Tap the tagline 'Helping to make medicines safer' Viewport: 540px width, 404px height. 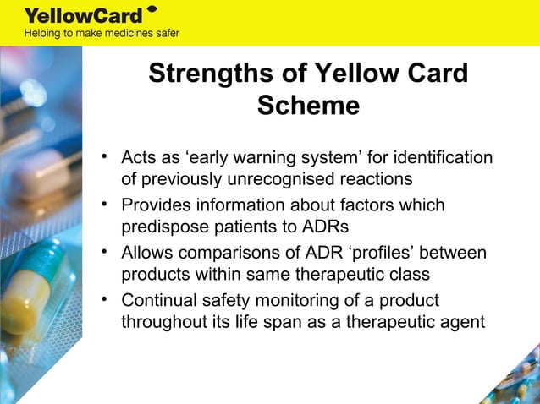point(101,34)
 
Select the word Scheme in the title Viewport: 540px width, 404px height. point(308,106)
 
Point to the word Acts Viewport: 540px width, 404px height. point(139,158)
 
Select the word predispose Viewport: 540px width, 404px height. point(163,227)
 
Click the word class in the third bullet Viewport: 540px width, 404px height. point(410,275)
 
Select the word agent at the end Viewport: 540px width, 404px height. point(462,322)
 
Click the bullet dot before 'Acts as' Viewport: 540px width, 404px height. point(104,156)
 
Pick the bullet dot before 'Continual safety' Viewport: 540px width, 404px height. point(104,298)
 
